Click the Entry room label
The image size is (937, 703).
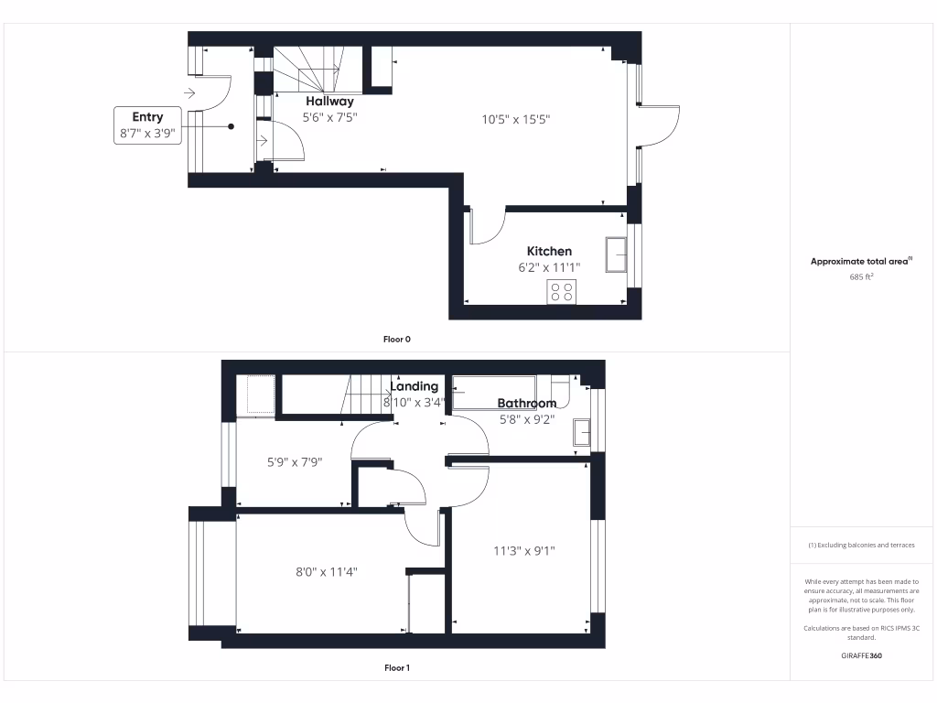(x=147, y=116)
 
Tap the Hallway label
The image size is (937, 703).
(x=329, y=102)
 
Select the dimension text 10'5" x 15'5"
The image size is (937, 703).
(x=516, y=119)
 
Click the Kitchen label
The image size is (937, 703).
(x=549, y=251)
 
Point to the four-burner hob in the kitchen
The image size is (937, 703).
(x=562, y=292)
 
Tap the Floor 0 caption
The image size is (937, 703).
(x=396, y=339)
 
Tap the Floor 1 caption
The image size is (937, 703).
(x=396, y=668)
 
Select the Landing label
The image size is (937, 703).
(x=415, y=386)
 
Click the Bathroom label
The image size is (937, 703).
(x=526, y=403)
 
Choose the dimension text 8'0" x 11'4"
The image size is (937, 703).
(x=326, y=571)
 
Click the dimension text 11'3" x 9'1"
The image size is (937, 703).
(x=524, y=551)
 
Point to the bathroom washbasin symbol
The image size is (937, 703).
(x=581, y=431)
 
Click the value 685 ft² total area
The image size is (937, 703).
(x=861, y=276)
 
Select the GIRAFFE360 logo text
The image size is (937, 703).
(x=861, y=655)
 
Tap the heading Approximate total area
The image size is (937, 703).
(x=860, y=261)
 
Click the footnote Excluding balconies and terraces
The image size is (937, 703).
(x=861, y=545)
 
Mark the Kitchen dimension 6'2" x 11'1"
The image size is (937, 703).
(x=549, y=267)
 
